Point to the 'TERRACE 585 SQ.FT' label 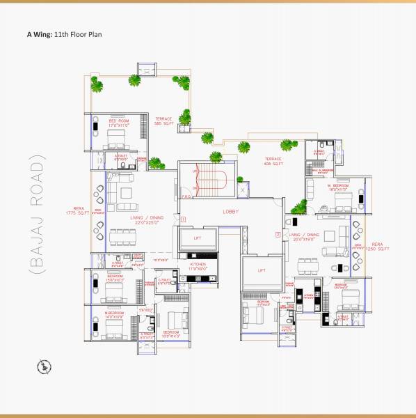pos(163,121)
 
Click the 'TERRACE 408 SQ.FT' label pos(273,161)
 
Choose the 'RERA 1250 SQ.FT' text pos(378,247)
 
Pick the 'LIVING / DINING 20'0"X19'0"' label pos(304,238)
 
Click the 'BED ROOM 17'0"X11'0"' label pos(118,123)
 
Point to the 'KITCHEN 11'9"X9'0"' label pos(198,266)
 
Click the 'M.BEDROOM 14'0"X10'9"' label pos(115,315)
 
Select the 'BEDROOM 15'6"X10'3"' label pos(115,278)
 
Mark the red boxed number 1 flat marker pos(182,219)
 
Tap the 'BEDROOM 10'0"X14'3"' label pos(171,334)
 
